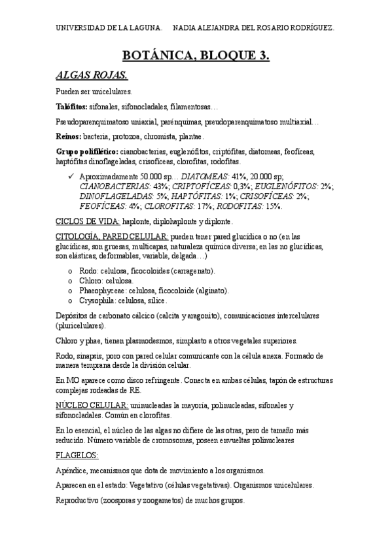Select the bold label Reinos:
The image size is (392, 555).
[69, 137]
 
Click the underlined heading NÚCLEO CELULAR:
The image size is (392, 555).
[92, 405]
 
